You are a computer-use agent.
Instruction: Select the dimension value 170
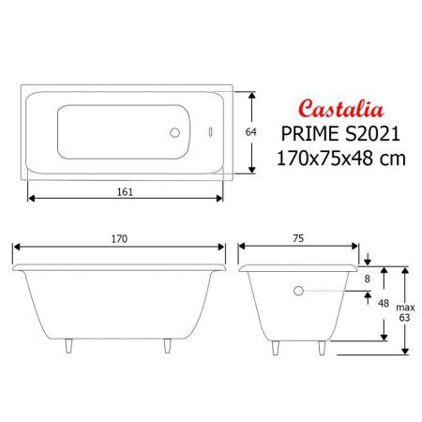[x=119, y=239]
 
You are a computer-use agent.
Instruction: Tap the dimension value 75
[x=298, y=239]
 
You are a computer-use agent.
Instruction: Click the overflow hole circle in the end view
[x=299, y=291]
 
